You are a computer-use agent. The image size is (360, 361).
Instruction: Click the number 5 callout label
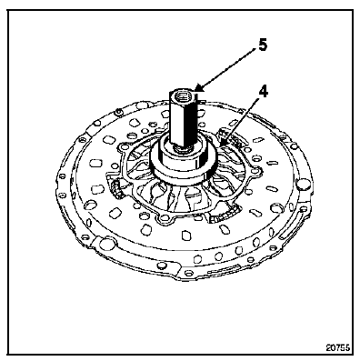click(263, 45)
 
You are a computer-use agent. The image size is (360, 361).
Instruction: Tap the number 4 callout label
click(264, 92)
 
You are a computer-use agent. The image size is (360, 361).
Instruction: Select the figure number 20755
click(338, 347)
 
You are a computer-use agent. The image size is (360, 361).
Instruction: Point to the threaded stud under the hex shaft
click(182, 148)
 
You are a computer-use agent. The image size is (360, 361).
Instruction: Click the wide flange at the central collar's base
click(184, 175)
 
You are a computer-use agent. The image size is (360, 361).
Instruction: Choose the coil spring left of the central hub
click(116, 189)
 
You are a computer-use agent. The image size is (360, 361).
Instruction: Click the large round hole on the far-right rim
click(303, 184)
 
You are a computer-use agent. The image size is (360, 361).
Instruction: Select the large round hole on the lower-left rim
click(105, 244)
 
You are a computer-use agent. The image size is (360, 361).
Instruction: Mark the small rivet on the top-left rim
click(119, 113)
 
